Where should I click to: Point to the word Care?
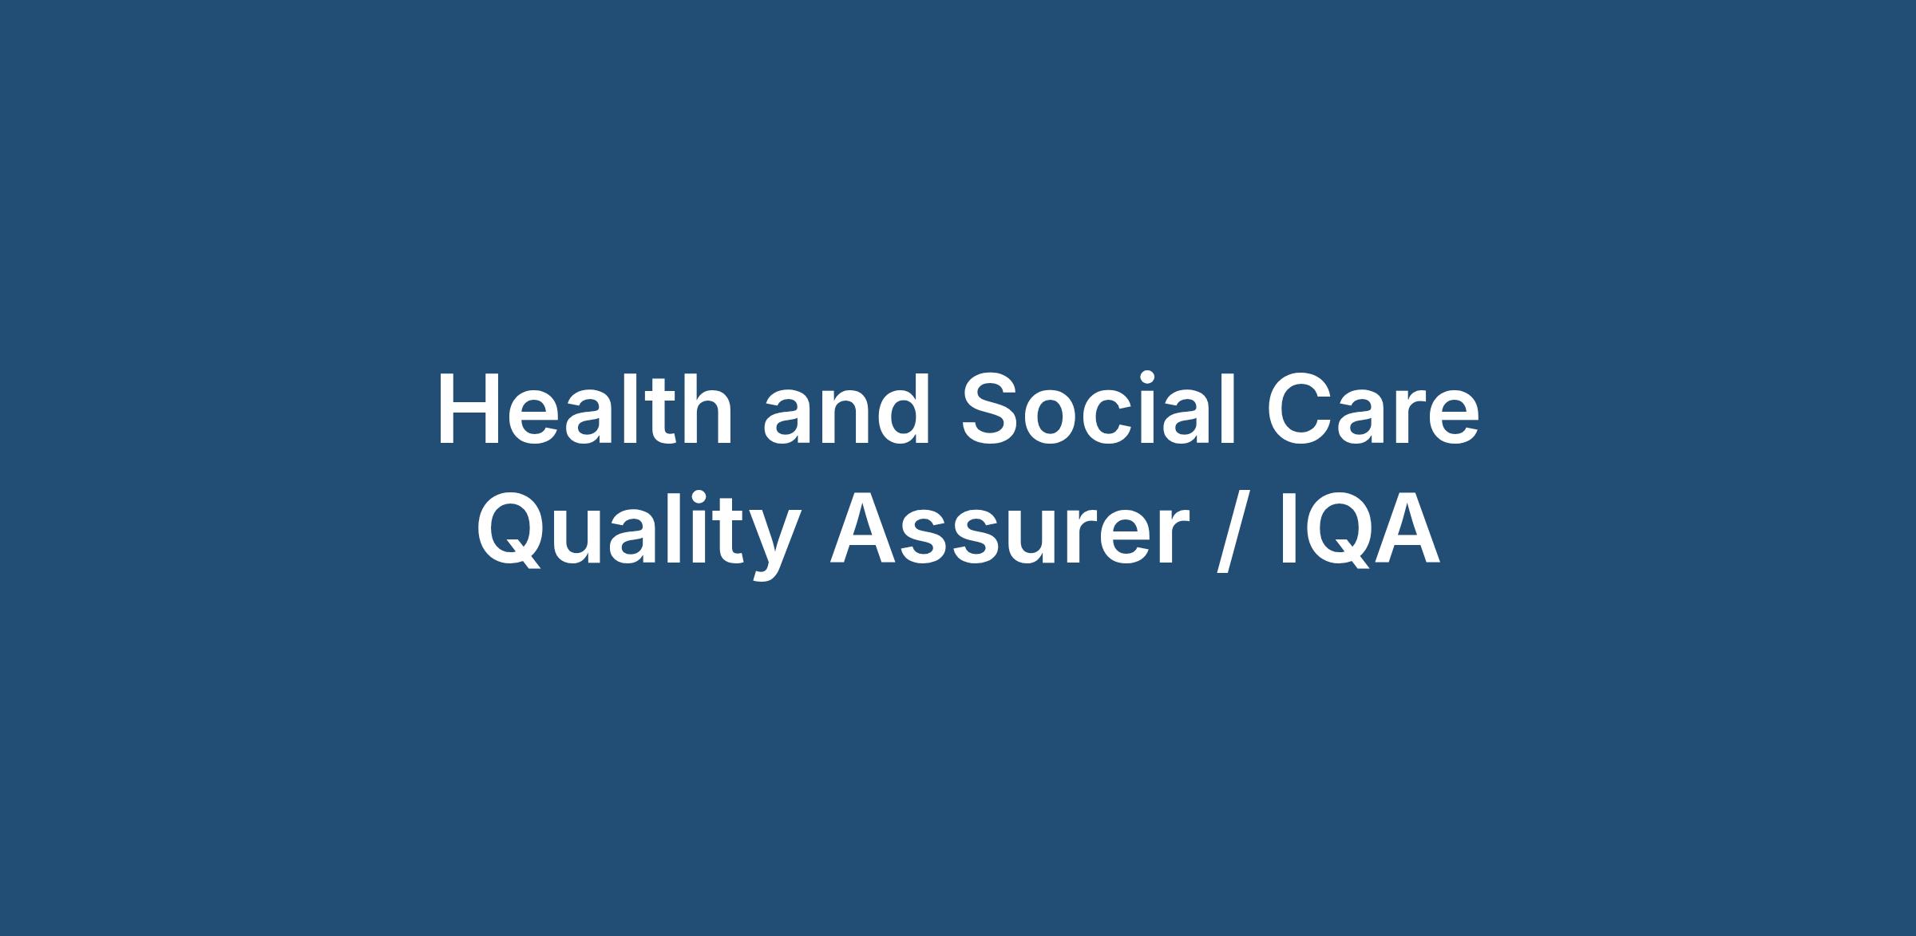pos(1373,408)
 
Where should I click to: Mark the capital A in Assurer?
pos(866,527)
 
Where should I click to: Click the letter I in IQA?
pos(1289,527)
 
